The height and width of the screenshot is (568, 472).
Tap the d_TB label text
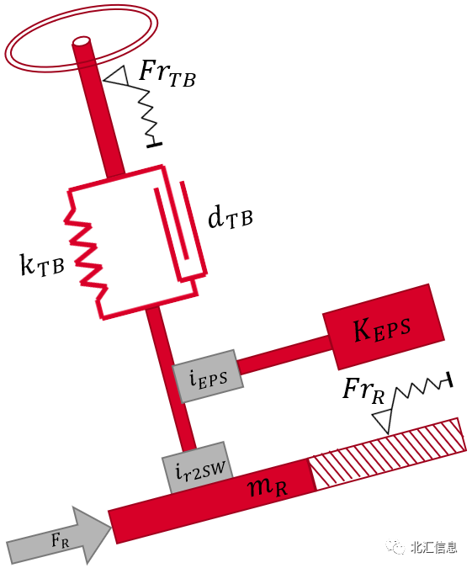(x=229, y=218)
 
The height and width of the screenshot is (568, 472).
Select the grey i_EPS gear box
(x=207, y=369)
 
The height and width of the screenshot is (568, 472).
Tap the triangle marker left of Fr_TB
(x=116, y=77)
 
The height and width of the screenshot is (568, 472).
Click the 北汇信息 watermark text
(x=433, y=547)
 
